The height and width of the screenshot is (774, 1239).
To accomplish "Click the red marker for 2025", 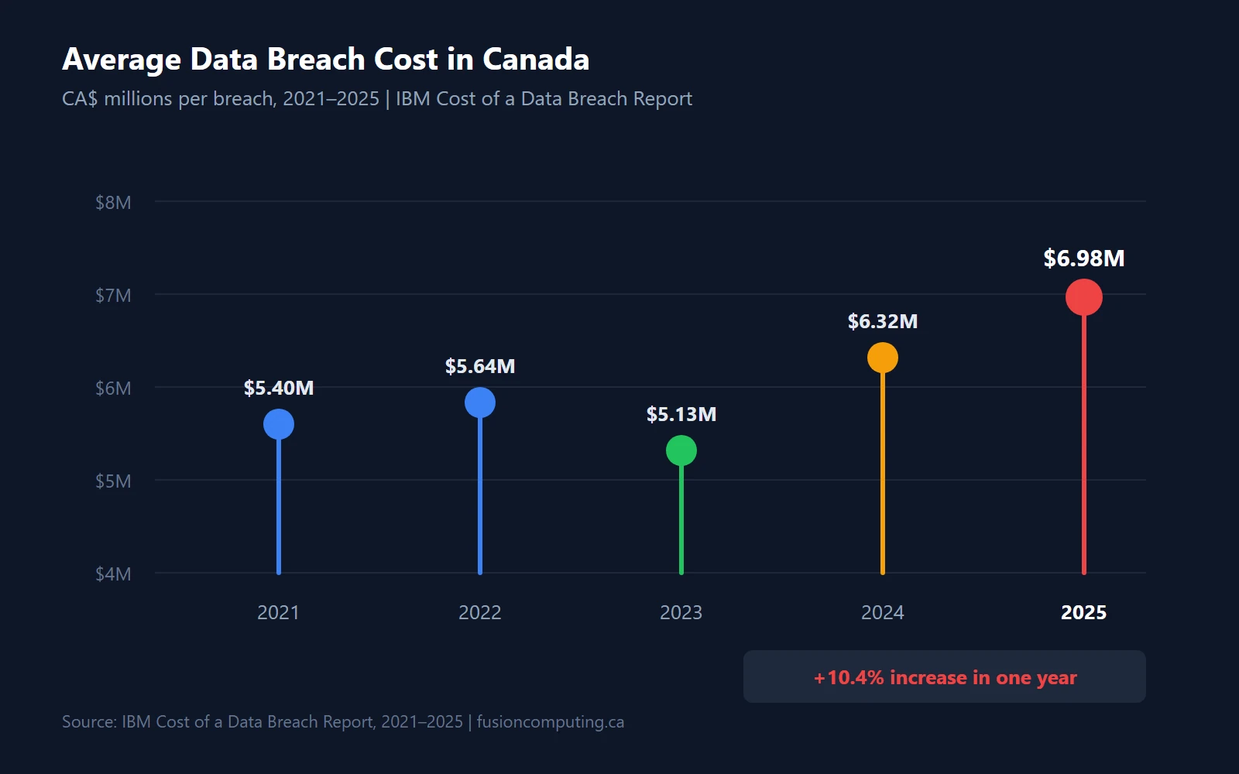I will (1083, 297).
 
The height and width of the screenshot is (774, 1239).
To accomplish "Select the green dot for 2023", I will (681, 450).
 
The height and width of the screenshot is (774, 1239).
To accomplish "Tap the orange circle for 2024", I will (883, 358).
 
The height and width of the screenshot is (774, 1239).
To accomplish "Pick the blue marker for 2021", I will (279, 424).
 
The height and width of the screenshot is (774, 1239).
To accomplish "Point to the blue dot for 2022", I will (480, 402).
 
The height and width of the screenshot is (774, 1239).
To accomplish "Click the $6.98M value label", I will (1083, 259).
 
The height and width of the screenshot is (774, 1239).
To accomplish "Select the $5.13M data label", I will (681, 415).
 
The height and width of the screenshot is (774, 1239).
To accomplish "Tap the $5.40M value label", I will (279, 389).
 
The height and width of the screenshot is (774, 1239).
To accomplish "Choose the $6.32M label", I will (883, 322).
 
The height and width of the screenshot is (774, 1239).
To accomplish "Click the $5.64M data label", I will (480, 367).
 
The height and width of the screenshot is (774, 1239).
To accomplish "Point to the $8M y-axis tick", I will (113, 203).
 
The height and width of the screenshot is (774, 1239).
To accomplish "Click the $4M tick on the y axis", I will (113, 574).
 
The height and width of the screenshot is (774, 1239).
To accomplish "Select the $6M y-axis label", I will (113, 389).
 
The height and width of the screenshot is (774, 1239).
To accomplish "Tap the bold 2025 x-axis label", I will (1083, 613).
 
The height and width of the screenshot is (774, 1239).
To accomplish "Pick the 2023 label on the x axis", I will (681, 613).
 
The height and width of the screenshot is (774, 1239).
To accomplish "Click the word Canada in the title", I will (536, 60).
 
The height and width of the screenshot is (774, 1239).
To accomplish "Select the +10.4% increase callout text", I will (945, 678).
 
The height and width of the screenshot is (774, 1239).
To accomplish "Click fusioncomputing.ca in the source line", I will (550, 722).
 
